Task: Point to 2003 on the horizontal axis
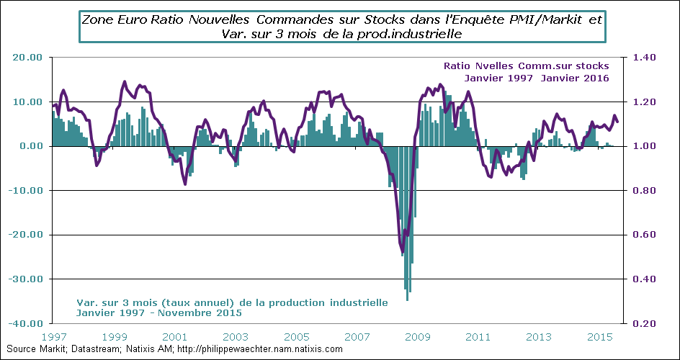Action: (236, 337)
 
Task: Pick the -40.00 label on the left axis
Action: (26, 323)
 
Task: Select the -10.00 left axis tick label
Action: (26, 191)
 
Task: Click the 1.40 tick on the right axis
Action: (645, 58)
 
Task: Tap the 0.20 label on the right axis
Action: (645, 323)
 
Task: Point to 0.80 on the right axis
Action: (645, 191)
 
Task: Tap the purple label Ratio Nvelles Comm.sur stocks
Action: (527, 66)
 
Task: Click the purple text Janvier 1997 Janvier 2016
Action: (537, 78)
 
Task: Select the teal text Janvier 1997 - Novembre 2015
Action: (158, 313)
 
